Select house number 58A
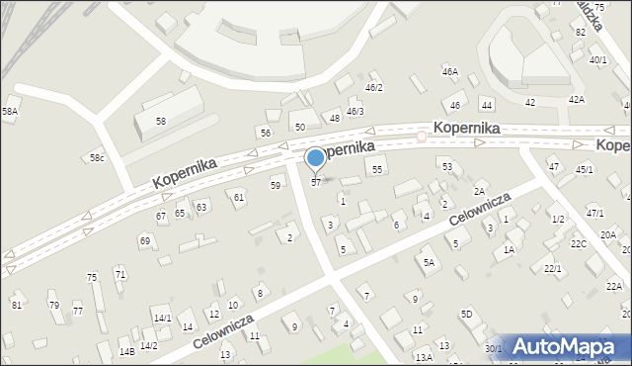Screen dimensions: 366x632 [x=10, y=112]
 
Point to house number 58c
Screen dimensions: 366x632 [x=97, y=158]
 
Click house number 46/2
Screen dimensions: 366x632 [x=373, y=88]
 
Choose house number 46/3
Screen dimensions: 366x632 [x=355, y=111]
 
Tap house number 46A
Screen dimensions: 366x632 [x=449, y=72]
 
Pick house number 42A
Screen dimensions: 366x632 [x=576, y=100]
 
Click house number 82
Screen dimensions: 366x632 [x=581, y=33]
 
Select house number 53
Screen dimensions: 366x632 [x=446, y=166]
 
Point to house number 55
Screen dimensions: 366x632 [x=377, y=170]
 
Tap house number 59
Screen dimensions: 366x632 [x=276, y=185]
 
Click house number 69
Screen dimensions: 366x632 [x=144, y=240]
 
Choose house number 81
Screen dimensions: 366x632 [x=17, y=305]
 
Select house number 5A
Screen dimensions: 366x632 [x=429, y=262]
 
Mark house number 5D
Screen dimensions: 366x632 [x=466, y=315]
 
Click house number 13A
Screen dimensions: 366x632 [x=424, y=357]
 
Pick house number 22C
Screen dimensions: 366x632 [x=579, y=243]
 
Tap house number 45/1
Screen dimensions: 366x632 [x=584, y=169]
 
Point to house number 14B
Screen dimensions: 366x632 [x=126, y=351]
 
